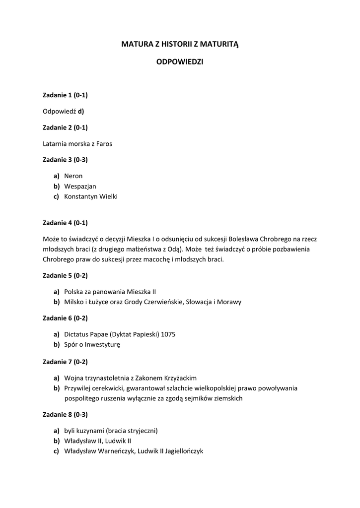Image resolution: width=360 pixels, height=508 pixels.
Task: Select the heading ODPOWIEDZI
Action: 180,63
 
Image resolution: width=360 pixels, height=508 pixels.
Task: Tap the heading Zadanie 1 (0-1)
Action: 66,94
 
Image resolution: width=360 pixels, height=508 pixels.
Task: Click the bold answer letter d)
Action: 80,111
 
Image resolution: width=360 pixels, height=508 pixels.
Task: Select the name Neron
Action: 73,176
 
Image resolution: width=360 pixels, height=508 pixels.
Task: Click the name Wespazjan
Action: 80,186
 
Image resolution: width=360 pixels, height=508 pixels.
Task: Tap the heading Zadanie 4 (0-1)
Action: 66,222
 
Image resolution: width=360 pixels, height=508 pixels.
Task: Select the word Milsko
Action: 74,302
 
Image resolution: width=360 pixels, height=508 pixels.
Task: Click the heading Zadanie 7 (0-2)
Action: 66,362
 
